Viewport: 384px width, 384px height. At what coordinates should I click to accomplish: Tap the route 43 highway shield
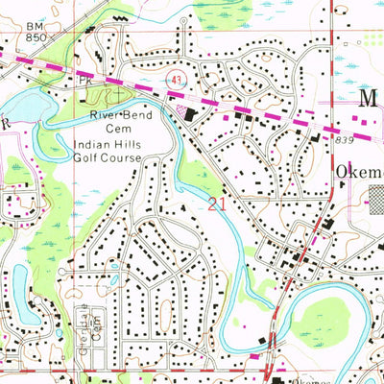click(x=176, y=77)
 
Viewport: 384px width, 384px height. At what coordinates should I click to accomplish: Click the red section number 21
click(x=217, y=204)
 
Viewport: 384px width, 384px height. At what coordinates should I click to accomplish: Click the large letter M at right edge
click(x=369, y=100)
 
